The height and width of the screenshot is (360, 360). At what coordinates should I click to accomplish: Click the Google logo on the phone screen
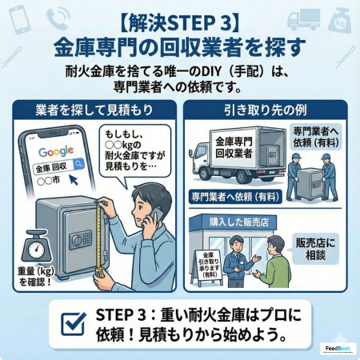point(56,152)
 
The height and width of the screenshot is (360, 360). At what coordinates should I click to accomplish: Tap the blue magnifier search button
point(78,163)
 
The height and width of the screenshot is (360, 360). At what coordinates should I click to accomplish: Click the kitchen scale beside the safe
point(36,246)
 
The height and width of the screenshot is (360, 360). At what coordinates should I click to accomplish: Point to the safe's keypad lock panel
point(81,238)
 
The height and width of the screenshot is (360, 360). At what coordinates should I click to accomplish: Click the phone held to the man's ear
point(154,215)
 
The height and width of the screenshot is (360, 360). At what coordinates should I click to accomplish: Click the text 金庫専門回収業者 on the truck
point(234,147)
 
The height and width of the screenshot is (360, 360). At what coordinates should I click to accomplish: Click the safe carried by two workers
point(311,184)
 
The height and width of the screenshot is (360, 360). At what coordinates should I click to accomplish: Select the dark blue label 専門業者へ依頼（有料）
point(235,197)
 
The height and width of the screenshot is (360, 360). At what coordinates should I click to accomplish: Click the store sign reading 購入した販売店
point(239,222)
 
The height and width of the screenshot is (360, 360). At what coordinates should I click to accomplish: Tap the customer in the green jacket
point(274,262)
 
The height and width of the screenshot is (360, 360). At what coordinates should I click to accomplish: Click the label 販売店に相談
point(315,249)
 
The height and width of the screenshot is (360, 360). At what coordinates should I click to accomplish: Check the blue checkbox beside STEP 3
point(74,324)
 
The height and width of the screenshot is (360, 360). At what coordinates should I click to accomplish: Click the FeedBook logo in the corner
point(338,349)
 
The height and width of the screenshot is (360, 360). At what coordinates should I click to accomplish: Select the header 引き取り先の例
point(266,110)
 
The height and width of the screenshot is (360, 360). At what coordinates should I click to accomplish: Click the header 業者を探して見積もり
point(94,110)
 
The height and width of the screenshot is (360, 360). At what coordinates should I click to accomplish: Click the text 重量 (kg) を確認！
point(36,277)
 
